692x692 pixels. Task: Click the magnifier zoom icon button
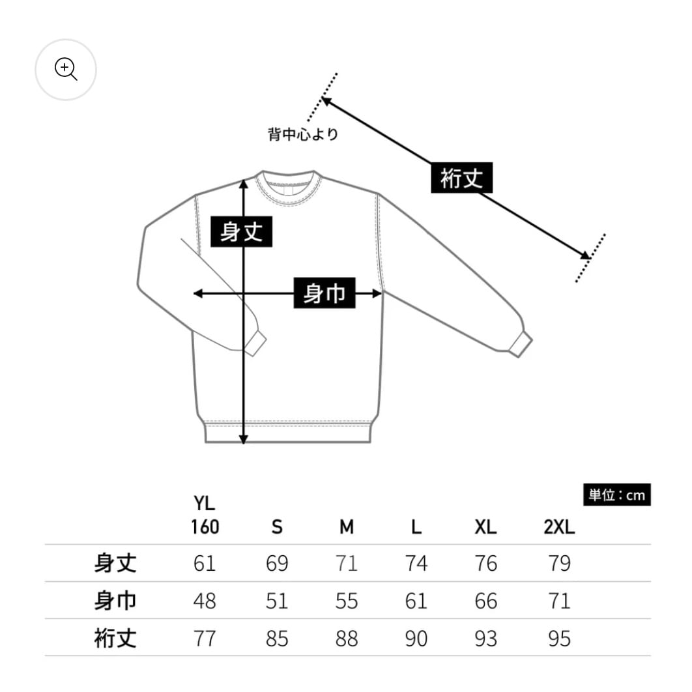[66, 69]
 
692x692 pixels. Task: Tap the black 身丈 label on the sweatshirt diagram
[241, 231]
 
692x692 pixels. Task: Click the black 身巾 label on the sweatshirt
[324, 293]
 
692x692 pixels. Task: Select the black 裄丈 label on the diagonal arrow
[461, 177]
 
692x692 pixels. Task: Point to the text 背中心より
[303, 135]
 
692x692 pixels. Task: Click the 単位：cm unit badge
[616, 495]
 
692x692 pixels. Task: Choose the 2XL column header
[559, 527]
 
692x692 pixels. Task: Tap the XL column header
[486, 527]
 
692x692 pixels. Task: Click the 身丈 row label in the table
[115, 563]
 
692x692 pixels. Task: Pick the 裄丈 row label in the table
[115, 639]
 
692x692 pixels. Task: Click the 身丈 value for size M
[346, 563]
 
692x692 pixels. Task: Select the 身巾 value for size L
[416, 601]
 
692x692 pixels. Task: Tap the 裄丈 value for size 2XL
[559, 639]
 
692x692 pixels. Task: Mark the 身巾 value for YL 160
[205, 601]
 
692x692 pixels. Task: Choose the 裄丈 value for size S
[277, 639]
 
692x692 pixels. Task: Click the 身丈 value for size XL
[486, 563]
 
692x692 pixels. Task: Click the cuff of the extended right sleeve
[520, 343]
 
